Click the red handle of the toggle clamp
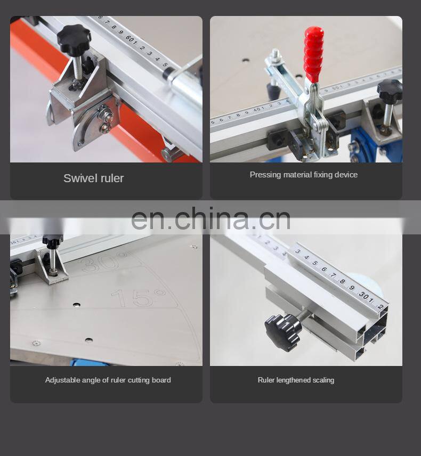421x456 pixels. pos(313,54)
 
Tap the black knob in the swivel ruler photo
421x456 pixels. pos(74,38)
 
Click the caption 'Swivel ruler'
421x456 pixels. pos(93,178)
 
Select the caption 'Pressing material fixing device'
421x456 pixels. pos(303,175)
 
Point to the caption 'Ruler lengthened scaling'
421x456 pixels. pos(296,380)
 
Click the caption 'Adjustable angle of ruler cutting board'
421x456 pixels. pos(108,380)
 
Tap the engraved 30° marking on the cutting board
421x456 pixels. pos(103,261)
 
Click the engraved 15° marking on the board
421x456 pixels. pos(138,297)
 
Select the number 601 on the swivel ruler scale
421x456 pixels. pos(131,40)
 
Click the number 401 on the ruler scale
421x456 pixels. pos(259,110)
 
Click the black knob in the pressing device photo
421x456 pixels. pos(390,89)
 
